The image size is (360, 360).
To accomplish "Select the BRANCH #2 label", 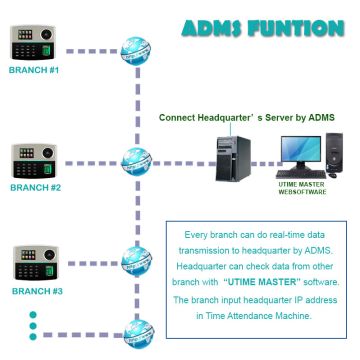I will click(35, 187).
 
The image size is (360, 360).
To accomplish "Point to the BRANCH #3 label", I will click(35, 291).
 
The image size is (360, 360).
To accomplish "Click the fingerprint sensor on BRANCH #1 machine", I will click(47, 41).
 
